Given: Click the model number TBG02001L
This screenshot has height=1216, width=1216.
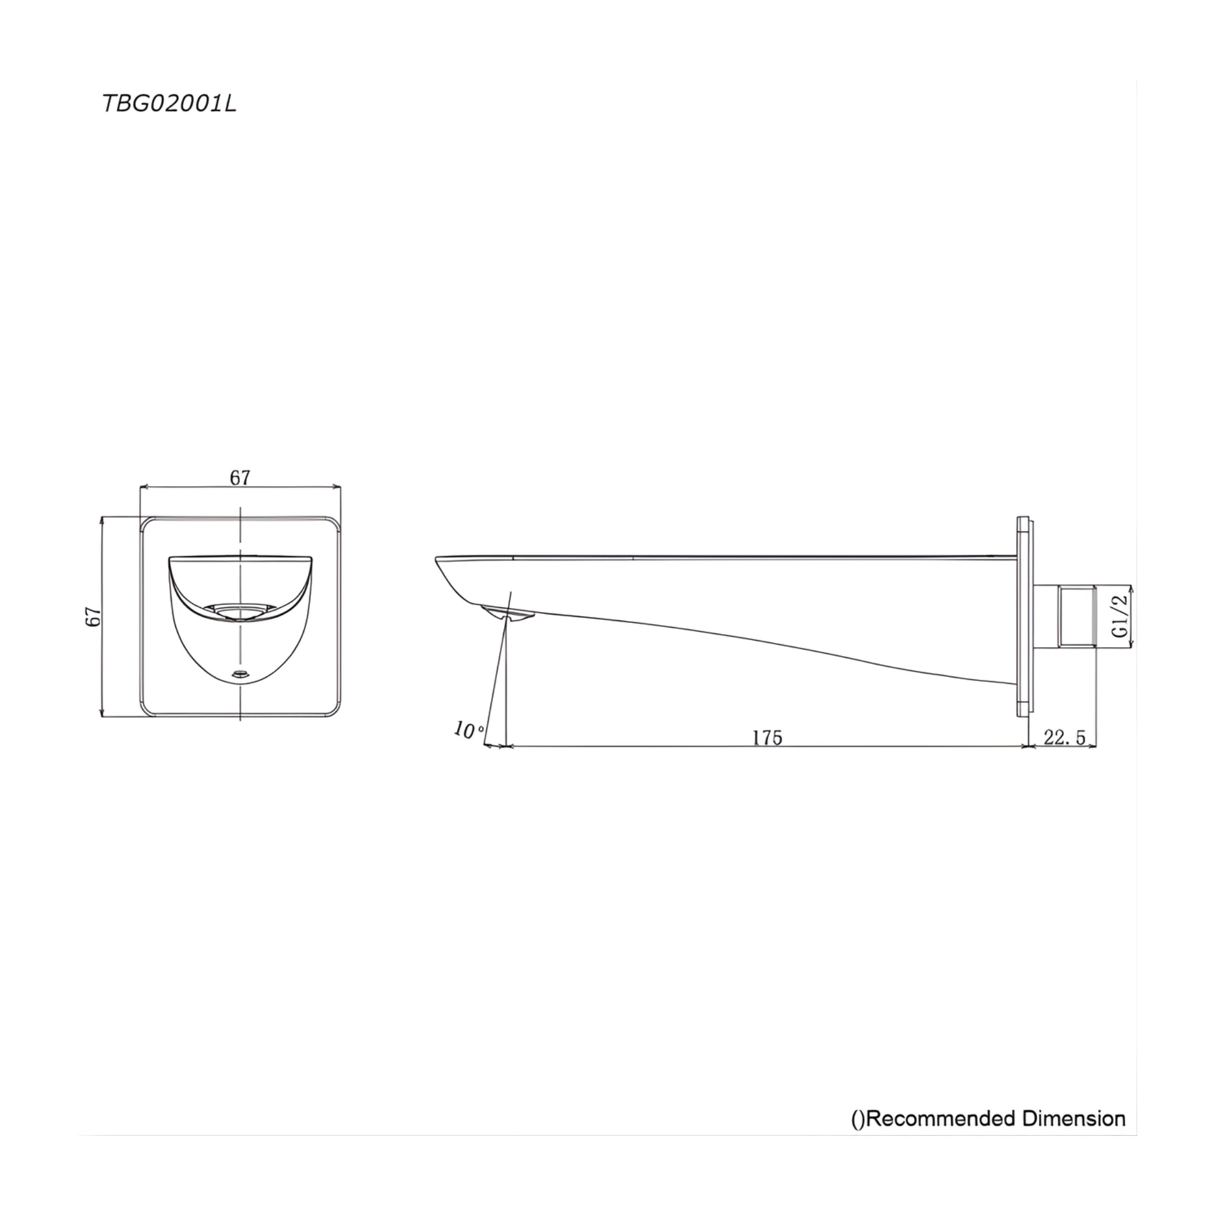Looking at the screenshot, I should pos(169,104).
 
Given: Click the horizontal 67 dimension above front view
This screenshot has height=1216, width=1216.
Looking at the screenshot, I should pos(240,478).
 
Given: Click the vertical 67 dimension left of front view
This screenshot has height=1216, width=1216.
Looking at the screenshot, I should pos(93,616).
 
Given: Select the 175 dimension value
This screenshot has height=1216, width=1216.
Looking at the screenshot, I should pos(768,737).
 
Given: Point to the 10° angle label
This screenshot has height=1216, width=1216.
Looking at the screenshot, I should pos(469,731).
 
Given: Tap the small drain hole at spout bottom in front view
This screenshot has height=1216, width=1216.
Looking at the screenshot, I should pos(240,674).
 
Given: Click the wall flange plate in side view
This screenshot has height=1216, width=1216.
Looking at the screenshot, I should pos(1024,616).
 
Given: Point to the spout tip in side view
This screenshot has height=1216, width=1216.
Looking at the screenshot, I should pos(439,560).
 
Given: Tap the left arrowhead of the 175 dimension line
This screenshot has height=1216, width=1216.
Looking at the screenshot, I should pos(509,746).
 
